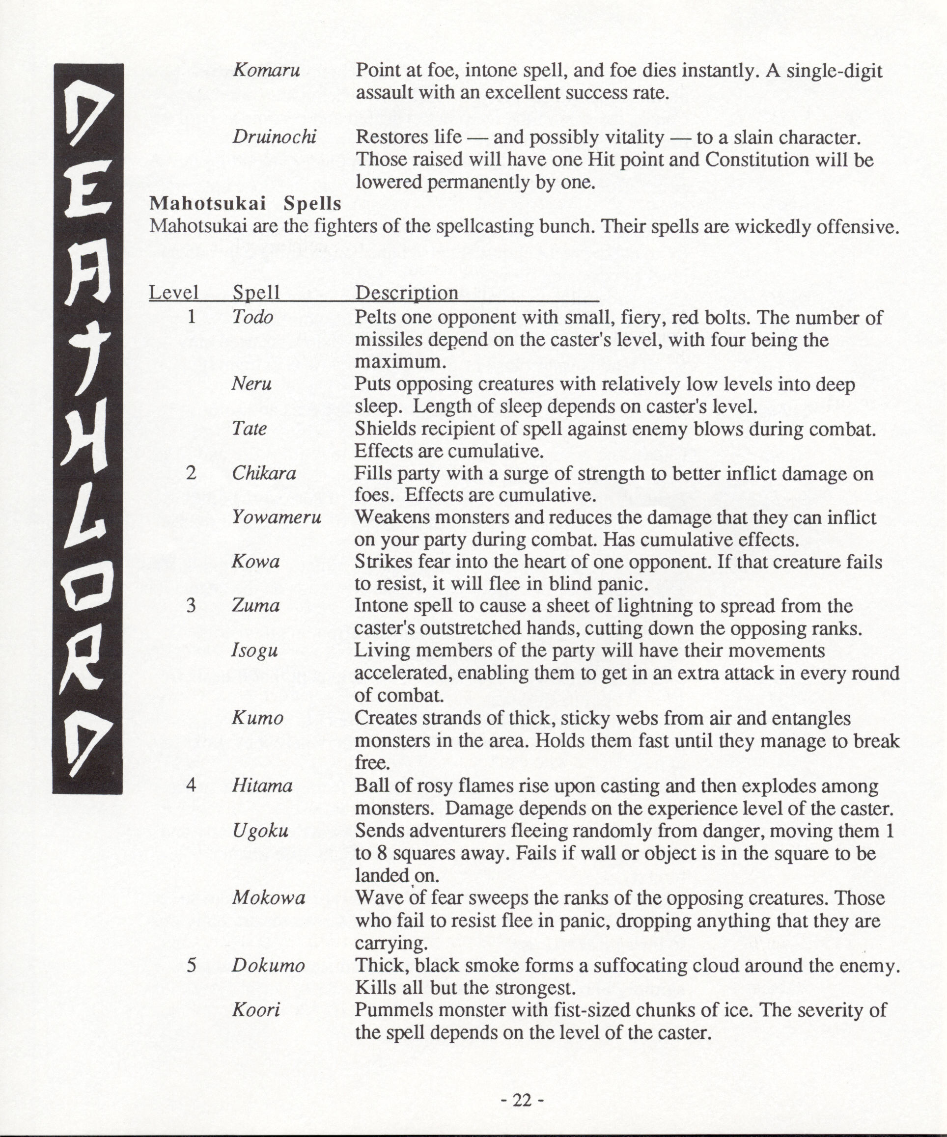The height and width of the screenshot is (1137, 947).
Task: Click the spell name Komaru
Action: (266, 71)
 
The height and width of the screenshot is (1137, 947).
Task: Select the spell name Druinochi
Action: (274, 137)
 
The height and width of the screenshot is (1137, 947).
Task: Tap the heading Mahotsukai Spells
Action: (246, 203)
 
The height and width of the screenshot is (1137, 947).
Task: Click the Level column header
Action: (174, 293)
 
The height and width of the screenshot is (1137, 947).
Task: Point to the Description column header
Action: (406, 293)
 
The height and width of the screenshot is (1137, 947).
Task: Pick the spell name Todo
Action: (252, 317)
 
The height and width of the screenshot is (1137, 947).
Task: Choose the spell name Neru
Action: (251, 384)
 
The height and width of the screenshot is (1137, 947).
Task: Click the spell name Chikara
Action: (264, 473)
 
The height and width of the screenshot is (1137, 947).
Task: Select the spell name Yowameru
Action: (277, 517)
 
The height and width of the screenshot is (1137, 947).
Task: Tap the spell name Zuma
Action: (255, 605)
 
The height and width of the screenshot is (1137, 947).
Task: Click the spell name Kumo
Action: (257, 718)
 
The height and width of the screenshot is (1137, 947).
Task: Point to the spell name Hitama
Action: (262, 785)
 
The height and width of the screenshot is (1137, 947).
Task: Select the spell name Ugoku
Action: (260, 831)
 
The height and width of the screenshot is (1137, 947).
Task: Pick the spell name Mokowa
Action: (269, 898)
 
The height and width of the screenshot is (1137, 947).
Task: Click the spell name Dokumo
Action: (268, 965)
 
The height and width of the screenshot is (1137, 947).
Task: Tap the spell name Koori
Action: (256, 1010)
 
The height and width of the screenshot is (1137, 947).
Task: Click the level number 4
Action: (191, 785)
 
